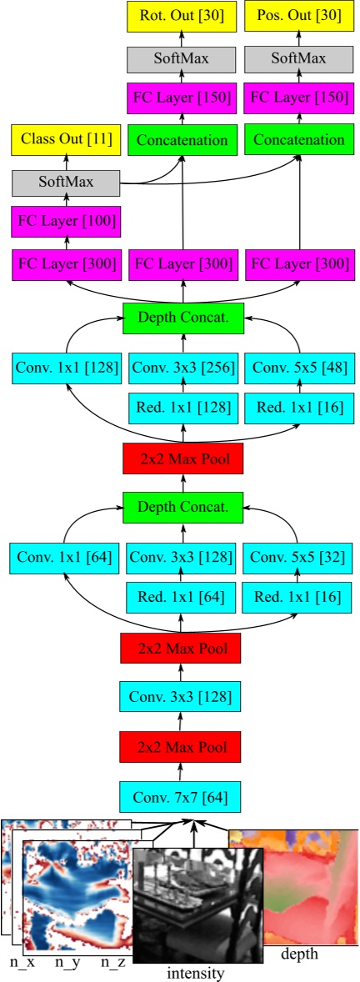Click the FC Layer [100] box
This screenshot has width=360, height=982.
point(66,223)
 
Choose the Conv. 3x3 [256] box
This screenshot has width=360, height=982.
point(182,367)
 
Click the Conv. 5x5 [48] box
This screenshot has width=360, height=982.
point(299,367)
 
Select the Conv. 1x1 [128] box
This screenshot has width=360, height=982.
point(66,367)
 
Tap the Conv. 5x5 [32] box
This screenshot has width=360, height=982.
point(299,557)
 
